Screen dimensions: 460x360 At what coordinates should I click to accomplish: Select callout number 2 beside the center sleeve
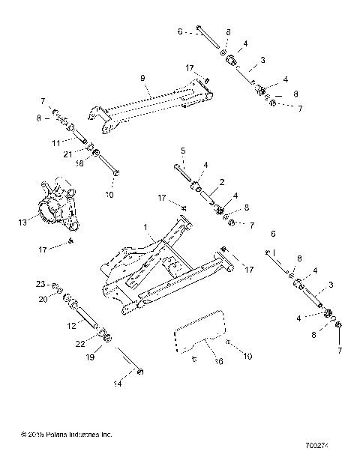[x=201, y=181]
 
